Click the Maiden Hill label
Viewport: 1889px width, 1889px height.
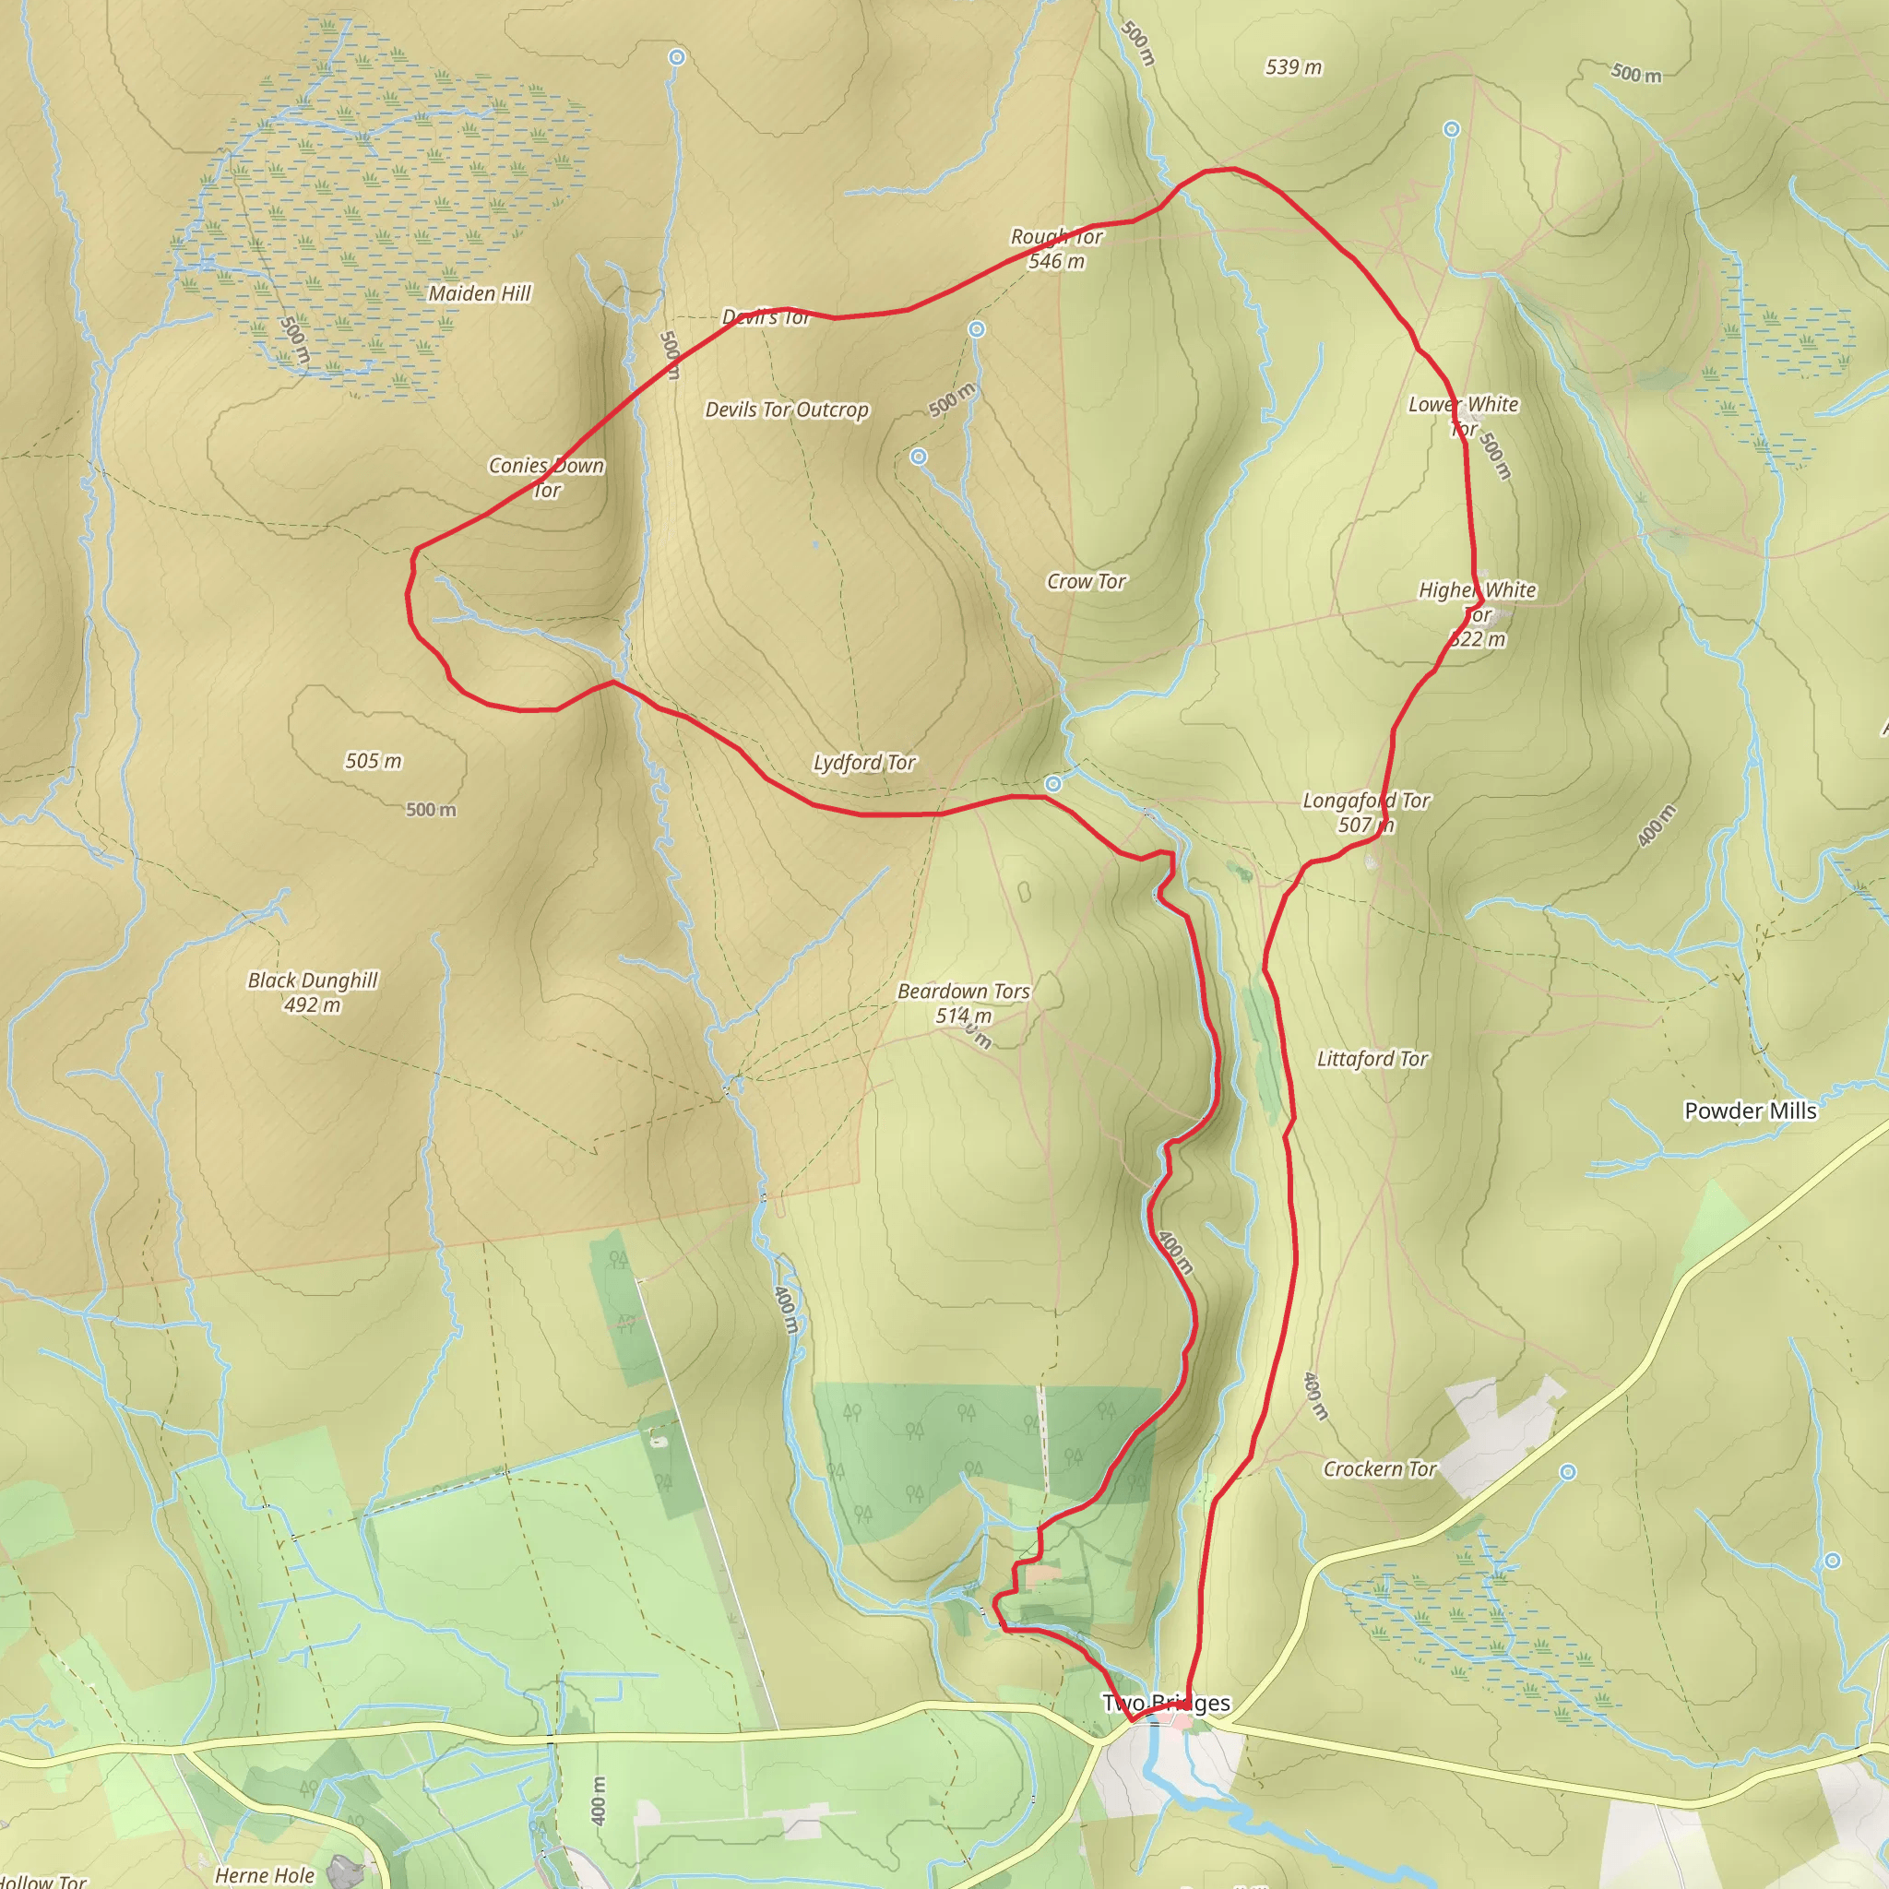479,293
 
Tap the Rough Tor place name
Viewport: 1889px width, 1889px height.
1056,237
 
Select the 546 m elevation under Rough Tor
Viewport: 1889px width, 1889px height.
1056,261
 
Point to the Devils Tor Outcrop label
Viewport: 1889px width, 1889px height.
786,410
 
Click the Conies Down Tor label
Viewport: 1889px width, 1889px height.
546,477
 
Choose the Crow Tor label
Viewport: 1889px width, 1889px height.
1086,582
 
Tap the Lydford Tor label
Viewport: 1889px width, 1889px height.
863,762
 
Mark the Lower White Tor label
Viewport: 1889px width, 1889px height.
1463,416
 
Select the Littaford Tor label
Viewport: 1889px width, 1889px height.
1372,1059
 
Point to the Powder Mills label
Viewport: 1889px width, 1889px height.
1749,1111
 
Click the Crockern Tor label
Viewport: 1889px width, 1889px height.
1379,1469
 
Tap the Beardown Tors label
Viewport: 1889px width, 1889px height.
963,992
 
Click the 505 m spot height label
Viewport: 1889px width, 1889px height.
373,761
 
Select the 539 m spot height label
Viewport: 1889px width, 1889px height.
1292,67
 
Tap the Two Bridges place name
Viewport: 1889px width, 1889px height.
1166,1704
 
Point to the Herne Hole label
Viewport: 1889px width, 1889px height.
264,1874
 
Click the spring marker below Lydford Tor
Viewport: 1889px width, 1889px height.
1053,784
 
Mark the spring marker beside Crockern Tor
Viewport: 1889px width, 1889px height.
1567,1472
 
